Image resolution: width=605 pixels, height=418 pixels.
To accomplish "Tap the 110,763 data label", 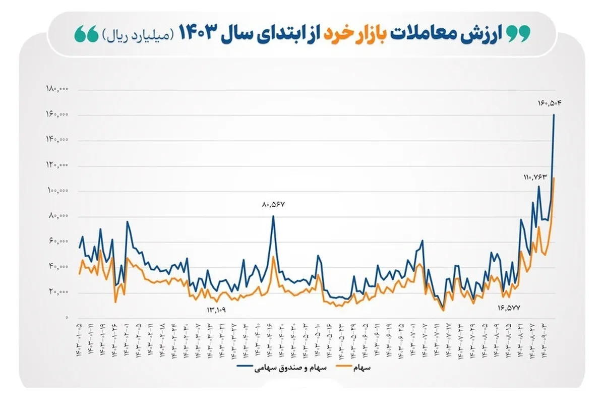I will [x=535, y=177].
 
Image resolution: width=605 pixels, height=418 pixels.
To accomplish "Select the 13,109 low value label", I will [x=216, y=309].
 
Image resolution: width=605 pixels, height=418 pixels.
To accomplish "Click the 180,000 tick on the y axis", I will [x=57, y=89].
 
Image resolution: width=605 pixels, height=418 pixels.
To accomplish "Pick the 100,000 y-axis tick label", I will [x=57, y=191].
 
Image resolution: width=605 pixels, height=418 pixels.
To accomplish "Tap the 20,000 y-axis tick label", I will [x=58, y=292].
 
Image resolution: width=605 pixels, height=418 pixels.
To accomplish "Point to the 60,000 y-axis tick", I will [x=58, y=242].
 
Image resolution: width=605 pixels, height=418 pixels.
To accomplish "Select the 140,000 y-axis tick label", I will [x=57, y=140].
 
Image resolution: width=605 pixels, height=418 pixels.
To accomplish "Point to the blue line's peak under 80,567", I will [x=273, y=216].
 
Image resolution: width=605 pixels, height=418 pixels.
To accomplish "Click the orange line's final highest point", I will [x=554, y=178].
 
